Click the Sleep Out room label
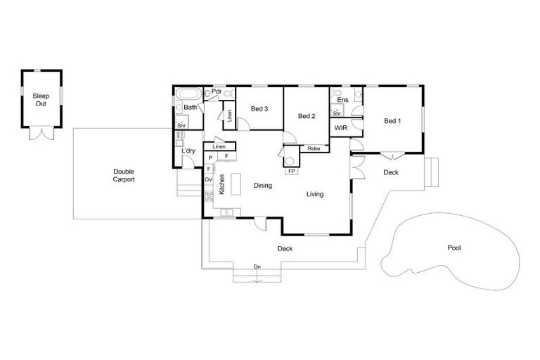41,99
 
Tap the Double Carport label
123,175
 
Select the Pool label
455,247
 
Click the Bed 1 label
392,121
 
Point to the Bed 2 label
306,116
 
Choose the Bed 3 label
259,108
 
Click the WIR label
340,129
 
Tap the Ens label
342,101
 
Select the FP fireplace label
291,171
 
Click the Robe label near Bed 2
314,149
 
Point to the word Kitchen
221,184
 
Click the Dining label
262,186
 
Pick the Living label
314,194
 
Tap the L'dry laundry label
188,151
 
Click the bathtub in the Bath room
187,94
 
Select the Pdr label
217,91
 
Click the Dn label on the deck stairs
257,267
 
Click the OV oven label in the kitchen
209,180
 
